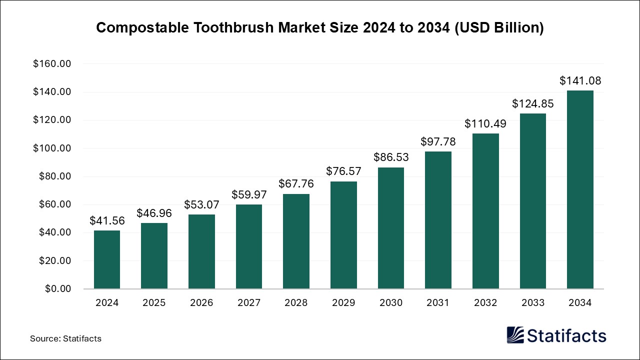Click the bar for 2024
[x=106, y=259]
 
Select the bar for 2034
[x=580, y=189]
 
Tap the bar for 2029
[x=343, y=235]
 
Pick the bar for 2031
[x=438, y=220]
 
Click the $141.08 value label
[x=580, y=80]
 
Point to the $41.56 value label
[x=106, y=220]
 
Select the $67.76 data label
[x=296, y=184]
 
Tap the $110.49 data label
[x=485, y=123]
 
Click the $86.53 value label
[x=391, y=157]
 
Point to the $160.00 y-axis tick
[x=52, y=64]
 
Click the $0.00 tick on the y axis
[x=57, y=289]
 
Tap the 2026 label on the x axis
[x=201, y=302]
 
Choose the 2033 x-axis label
[x=533, y=302]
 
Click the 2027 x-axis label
[x=248, y=302]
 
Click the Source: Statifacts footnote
[x=65, y=338]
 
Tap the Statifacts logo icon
[x=515, y=335]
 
